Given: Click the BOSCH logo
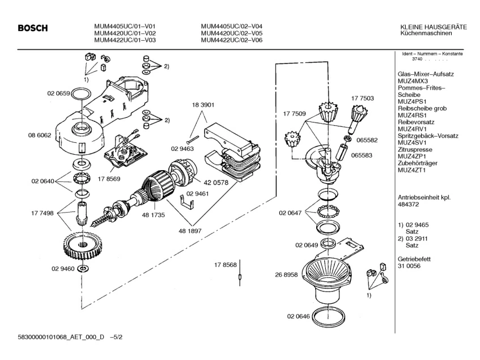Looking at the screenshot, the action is [x=33, y=28].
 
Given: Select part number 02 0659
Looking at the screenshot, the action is [x=59, y=94].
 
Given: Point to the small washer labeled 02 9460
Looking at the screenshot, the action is [x=83, y=269].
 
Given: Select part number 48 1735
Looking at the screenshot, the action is [x=154, y=215].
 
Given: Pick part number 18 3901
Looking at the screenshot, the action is [x=203, y=105].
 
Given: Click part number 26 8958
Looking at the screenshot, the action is [x=286, y=274].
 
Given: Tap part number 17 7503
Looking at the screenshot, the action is [x=363, y=98].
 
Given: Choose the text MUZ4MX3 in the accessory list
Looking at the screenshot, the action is [x=413, y=81].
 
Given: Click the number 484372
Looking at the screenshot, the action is [x=409, y=204].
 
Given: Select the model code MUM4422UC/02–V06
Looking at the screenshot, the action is [x=232, y=40].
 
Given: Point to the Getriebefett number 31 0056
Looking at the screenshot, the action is [x=409, y=266].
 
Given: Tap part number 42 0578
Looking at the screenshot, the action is [x=216, y=183].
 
